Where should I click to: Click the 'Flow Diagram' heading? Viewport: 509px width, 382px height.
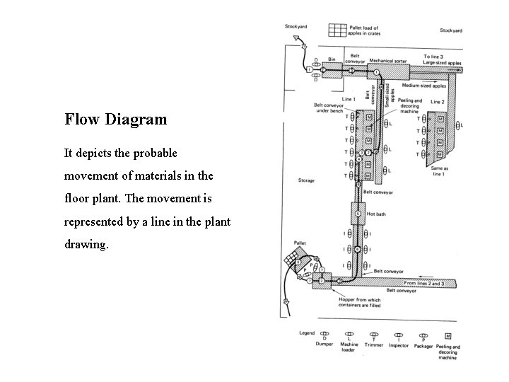[x=116, y=119]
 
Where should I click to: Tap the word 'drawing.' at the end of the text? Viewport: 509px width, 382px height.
[x=86, y=244]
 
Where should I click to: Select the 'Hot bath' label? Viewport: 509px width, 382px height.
[x=375, y=213]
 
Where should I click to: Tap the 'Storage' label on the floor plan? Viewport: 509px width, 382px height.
[x=306, y=180]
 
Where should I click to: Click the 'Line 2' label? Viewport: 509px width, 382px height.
[x=438, y=101]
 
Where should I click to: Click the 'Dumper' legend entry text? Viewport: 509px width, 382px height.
[x=325, y=345]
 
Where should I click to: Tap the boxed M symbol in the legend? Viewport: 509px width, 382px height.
[x=447, y=335]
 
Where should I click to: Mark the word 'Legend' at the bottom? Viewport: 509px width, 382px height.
[x=306, y=332]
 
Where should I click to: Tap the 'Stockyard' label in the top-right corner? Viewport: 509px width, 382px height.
[x=451, y=30]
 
